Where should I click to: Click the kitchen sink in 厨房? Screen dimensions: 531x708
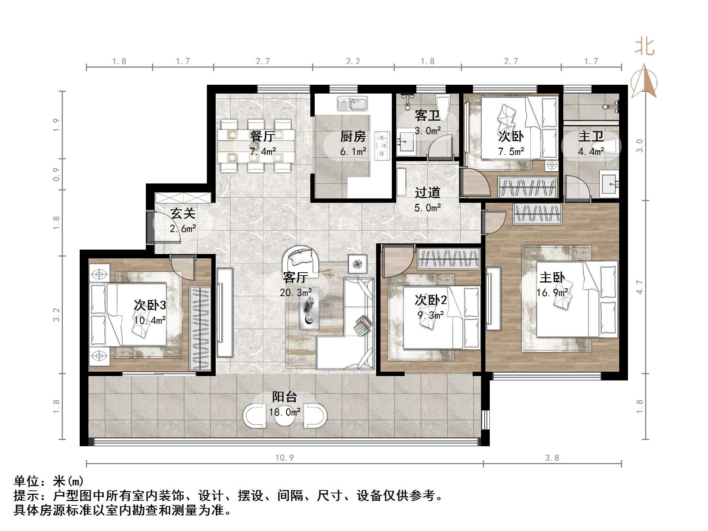[352, 103]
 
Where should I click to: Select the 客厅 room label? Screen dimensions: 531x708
[295, 277]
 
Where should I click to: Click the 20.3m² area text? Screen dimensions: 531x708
[296, 292]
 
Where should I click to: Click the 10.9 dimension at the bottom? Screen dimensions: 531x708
[284, 458]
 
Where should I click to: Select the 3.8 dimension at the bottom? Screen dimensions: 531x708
[552, 458]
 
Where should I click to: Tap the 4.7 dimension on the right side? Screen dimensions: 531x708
[639, 287]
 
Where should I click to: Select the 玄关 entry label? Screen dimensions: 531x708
[183, 213]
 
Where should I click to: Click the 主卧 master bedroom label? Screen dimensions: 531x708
[552, 277]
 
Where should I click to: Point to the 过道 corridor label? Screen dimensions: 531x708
[427, 193]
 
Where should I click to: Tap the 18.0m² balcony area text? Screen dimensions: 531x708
[284, 412]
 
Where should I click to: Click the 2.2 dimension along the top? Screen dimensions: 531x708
[353, 61]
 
